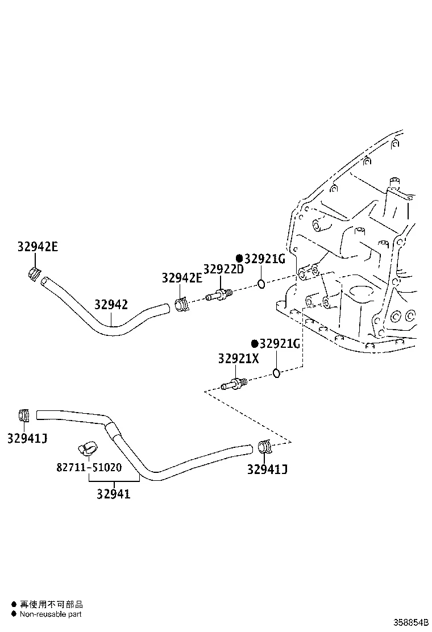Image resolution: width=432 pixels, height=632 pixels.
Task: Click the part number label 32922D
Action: (223, 269)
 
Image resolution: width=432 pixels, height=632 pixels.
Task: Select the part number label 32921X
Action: (238, 359)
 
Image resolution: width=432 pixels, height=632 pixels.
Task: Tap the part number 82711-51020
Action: (89, 468)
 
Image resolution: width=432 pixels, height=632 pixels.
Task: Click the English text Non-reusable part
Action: (51, 614)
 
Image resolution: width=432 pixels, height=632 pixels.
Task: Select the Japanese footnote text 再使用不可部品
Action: (51, 604)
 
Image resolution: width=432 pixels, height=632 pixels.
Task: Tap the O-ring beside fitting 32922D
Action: (260, 284)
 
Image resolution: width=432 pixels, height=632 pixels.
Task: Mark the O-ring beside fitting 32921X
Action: (276, 373)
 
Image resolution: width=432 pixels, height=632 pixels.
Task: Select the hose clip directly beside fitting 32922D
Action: (182, 304)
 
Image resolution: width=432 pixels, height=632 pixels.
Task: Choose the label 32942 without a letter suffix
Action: (111, 305)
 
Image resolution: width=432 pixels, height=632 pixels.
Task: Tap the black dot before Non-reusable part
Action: (14, 614)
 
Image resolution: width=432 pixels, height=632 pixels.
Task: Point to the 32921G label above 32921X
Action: (275, 344)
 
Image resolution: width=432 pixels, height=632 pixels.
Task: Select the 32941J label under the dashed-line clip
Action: (267, 469)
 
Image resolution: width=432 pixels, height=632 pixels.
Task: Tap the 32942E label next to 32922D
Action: (182, 278)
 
